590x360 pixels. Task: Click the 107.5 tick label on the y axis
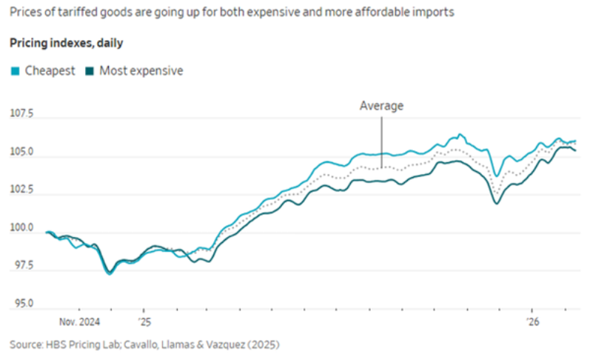pos(22,114)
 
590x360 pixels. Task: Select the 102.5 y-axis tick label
pos(22,190)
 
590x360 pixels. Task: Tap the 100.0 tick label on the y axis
pos(22,227)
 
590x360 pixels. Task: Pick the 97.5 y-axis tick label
pos(22,265)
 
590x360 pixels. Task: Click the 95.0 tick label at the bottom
pos(22,303)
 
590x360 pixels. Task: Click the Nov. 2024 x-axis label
pos(80,322)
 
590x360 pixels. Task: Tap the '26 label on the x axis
pos(534,322)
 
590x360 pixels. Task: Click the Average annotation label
pos(381,106)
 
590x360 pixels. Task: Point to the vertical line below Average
pos(382,133)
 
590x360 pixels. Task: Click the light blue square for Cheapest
pos(15,71)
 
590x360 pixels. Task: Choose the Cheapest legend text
pos(50,71)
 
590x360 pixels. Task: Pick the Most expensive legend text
pos(141,71)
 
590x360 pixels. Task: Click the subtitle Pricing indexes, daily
pos(67,43)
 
